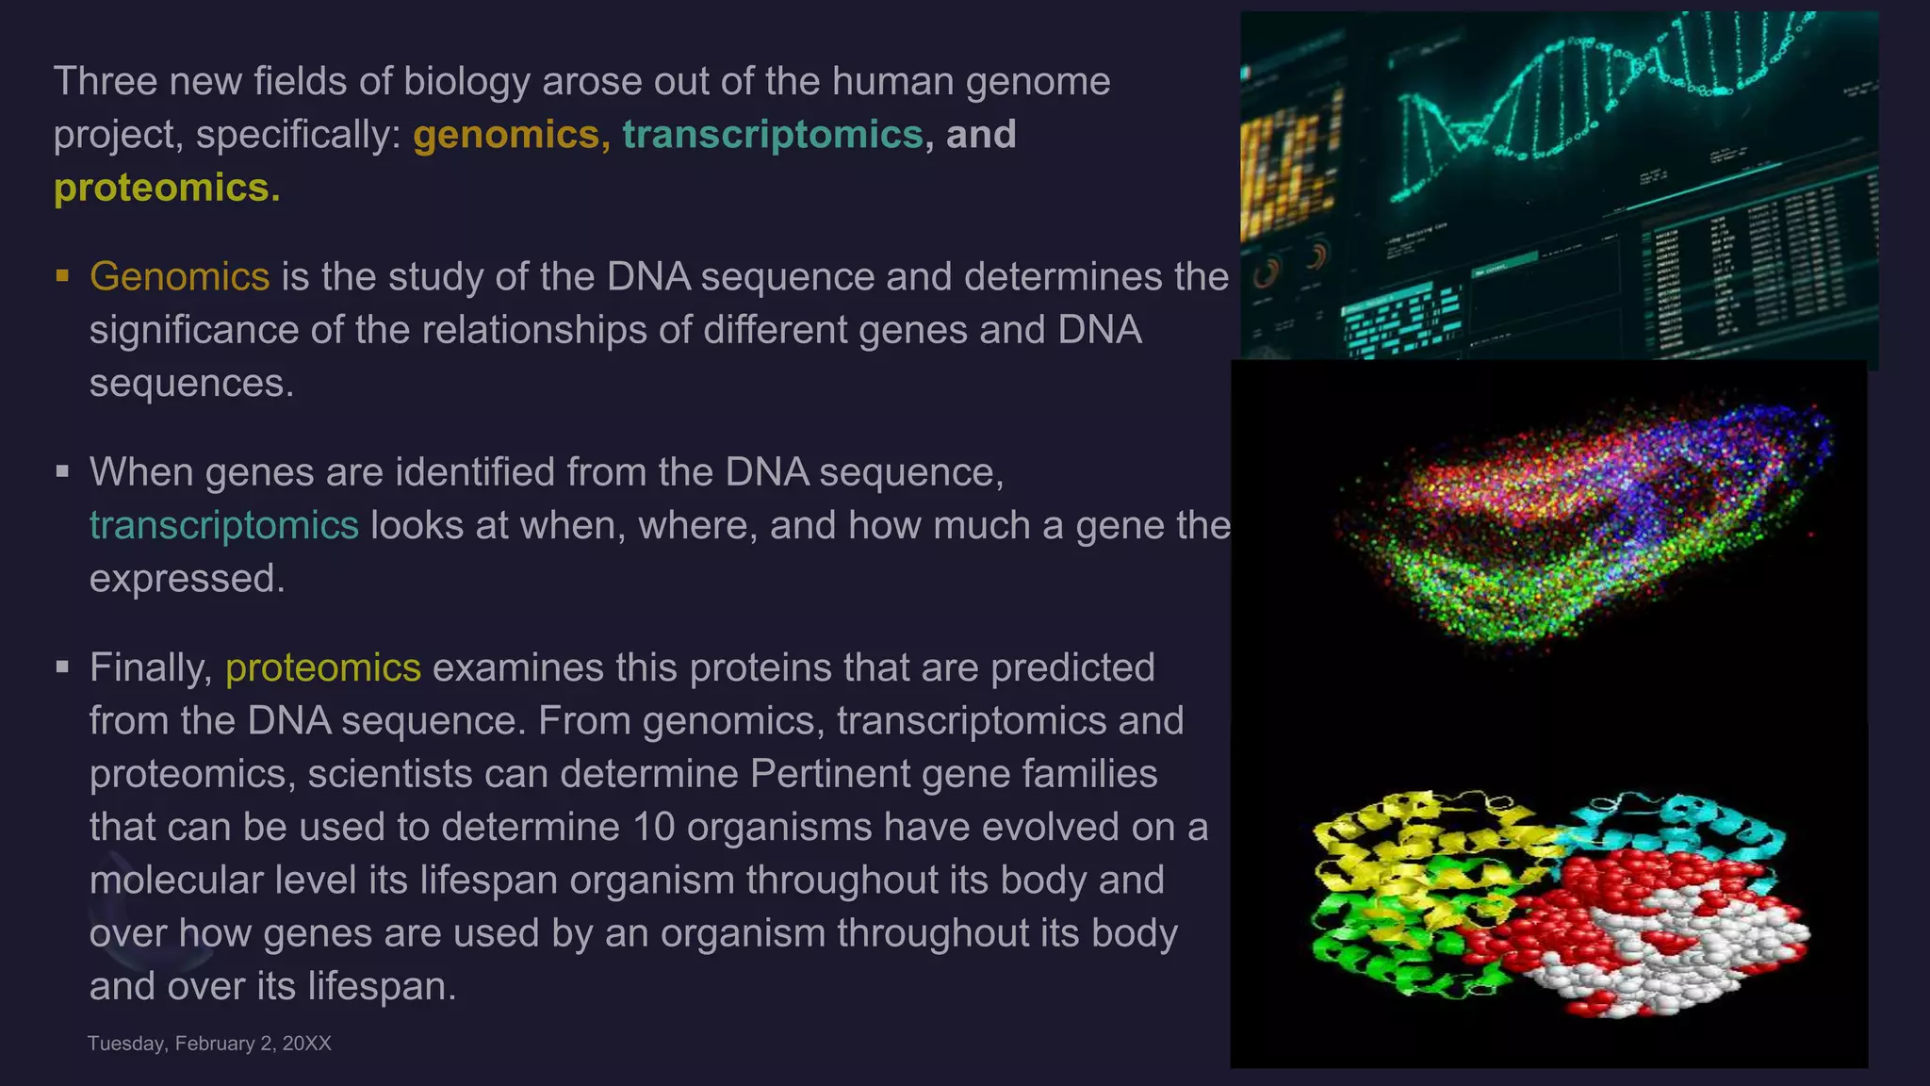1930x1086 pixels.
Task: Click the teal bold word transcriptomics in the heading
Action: pyautogui.click(x=772, y=135)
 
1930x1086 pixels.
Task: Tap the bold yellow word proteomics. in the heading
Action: pyautogui.click(x=167, y=188)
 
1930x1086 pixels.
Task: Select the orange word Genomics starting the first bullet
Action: pyautogui.click(x=180, y=277)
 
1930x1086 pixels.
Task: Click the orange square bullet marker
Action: pyautogui.click(x=63, y=276)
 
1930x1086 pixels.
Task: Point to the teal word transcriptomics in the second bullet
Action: pyautogui.click(x=224, y=526)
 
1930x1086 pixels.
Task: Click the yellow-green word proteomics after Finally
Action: pyautogui.click(x=323, y=668)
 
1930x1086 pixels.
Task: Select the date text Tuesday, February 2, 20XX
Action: pyautogui.click(x=209, y=1044)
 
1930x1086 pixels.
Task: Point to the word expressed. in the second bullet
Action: pyautogui.click(x=187, y=579)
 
